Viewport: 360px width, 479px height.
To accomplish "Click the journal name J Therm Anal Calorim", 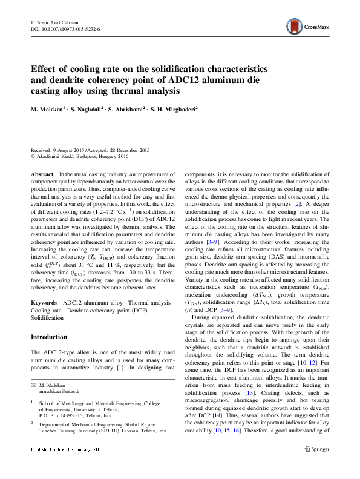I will tap(52, 21).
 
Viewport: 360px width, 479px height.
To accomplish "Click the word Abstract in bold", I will tap(41, 174).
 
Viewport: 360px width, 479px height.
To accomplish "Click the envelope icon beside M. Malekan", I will tap(33, 385).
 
